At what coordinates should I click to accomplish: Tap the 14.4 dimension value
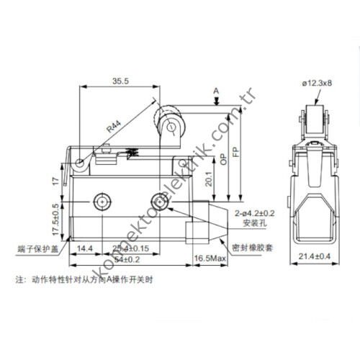(x=85, y=248)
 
